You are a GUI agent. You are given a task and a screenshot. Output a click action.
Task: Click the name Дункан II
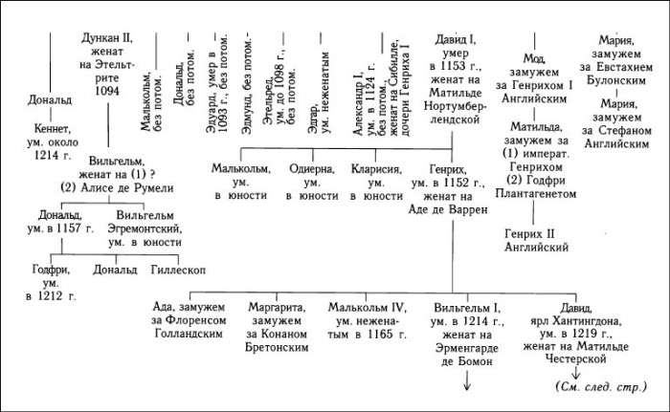pos(107,38)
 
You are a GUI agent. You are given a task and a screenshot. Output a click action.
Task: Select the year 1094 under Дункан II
pos(107,91)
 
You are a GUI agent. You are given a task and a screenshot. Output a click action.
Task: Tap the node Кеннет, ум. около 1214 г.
pos(53,141)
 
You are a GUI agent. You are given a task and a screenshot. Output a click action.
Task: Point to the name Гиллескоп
pos(178,271)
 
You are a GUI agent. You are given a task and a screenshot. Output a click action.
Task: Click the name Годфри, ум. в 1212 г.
pos(51,283)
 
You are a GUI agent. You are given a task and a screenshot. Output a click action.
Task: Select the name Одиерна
pos(312,169)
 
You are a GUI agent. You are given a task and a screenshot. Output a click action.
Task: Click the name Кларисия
pos(376,169)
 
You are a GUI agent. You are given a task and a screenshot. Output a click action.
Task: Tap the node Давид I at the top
pos(456,40)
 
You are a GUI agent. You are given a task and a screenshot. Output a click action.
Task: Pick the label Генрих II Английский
pos(536,240)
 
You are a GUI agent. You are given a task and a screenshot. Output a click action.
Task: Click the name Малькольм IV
pos(367,308)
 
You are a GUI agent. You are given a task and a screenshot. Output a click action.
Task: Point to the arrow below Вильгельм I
pos(467,380)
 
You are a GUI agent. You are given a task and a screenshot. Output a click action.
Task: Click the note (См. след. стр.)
pos(601,387)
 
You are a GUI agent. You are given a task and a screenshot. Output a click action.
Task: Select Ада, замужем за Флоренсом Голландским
pos(189,320)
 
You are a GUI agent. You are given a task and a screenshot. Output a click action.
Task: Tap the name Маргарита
pos(277,308)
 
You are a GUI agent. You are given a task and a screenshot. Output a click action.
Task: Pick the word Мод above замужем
pos(534,58)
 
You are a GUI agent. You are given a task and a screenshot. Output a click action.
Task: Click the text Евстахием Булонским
pos(616,74)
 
